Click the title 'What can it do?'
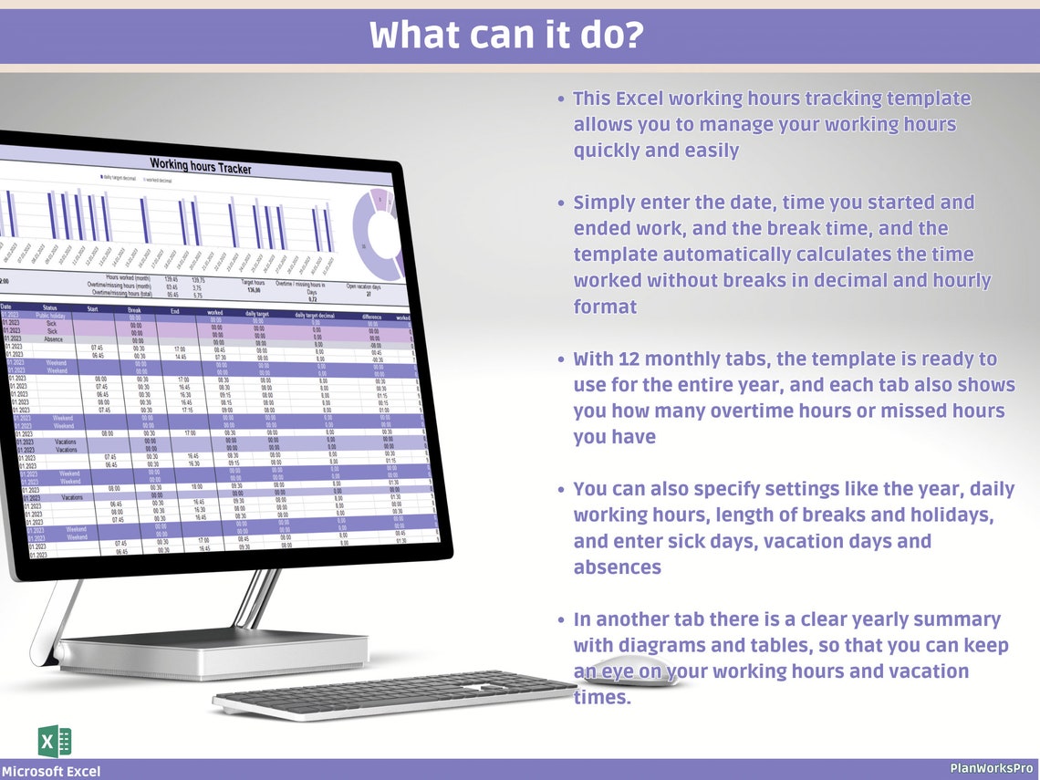pyautogui.click(x=506, y=36)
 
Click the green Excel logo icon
pyautogui.click(x=55, y=740)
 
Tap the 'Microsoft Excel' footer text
pyautogui.click(x=51, y=772)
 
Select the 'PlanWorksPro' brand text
pyautogui.click(x=991, y=769)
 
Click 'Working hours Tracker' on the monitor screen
pyautogui.click(x=200, y=167)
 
